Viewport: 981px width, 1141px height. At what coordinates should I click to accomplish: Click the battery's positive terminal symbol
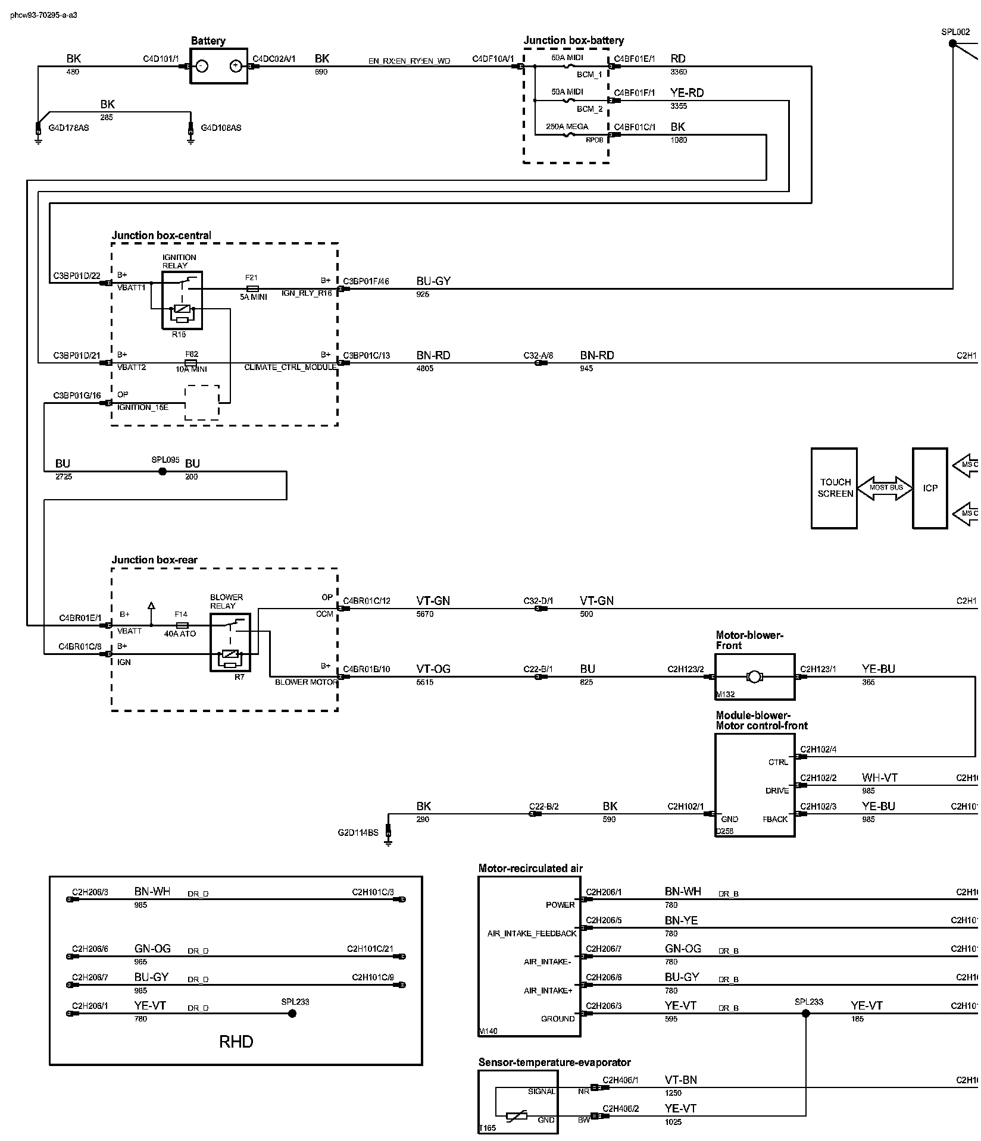point(236,66)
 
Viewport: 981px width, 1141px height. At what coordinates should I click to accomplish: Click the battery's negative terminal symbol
point(202,66)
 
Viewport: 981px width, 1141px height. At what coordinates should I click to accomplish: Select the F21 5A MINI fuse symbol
point(252,289)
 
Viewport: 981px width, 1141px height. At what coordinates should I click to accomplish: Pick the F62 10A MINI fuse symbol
point(191,362)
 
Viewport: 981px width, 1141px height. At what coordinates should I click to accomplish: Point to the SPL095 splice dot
point(163,471)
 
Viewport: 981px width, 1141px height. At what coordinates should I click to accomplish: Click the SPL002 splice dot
point(952,43)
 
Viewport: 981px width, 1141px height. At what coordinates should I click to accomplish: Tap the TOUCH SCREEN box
point(835,488)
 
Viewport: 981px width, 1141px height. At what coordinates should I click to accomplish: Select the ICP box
point(930,488)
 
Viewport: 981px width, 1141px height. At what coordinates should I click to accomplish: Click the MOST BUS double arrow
point(886,488)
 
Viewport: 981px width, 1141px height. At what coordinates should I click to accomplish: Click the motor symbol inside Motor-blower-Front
point(755,676)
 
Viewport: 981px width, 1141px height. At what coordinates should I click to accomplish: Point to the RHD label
point(236,1042)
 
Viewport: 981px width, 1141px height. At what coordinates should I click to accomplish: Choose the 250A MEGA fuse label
point(567,127)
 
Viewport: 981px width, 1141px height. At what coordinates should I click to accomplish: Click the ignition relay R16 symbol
point(182,300)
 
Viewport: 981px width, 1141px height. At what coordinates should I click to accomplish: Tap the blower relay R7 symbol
point(230,642)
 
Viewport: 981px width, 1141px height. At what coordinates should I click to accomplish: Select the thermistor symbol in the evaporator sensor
point(516,1117)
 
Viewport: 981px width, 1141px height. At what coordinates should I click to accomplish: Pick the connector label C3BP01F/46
point(366,281)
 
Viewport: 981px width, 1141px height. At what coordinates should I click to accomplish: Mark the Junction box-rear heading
point(154,560)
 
